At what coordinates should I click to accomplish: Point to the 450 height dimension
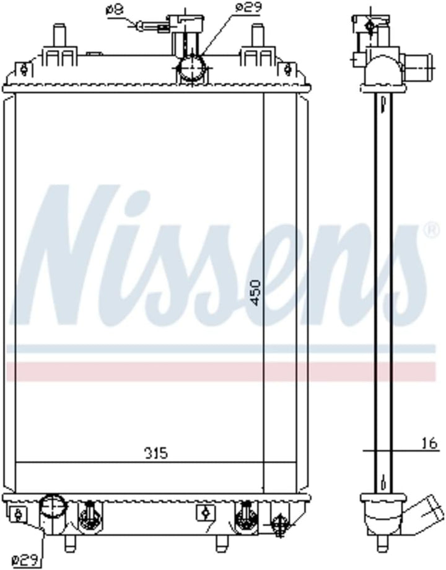(x=256, y=292)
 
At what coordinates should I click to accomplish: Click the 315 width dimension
(x=156, y=454)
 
